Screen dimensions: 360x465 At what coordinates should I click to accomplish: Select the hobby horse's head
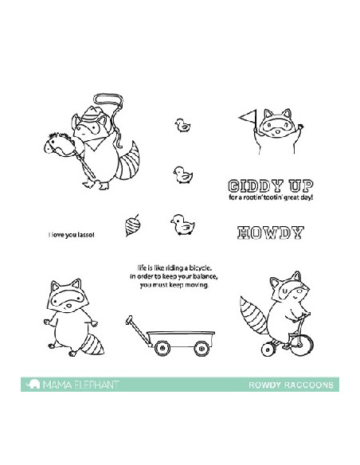58,145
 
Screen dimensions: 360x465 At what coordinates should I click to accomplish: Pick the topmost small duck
182,125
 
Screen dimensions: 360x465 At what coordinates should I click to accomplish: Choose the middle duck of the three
182,175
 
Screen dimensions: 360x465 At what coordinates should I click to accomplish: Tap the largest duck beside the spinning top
182,225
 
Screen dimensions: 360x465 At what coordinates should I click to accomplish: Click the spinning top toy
132,225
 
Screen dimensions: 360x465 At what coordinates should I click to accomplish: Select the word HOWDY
271,232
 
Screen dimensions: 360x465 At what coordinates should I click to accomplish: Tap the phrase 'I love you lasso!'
72,235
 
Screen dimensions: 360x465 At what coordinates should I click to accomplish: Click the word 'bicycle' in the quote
201,268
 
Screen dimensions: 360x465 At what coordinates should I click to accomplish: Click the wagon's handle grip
129,319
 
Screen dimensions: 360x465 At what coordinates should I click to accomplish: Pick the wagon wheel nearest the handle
162,348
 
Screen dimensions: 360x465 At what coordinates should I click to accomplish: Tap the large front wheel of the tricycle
302,345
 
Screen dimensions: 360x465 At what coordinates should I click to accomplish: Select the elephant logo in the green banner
33,384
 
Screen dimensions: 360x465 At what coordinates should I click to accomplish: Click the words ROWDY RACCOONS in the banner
291,385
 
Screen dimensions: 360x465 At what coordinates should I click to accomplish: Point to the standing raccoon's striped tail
92,344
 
